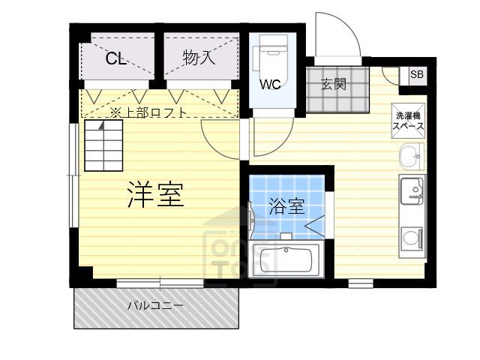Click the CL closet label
(x=116, y=58)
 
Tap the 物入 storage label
(x=199, y=58)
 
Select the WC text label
(x=270, y=84)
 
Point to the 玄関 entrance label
(x=334, y=83)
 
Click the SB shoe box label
(x=417, y=74)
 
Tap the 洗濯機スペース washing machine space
(x=409, y=121)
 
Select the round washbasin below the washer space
(x=411, y=157)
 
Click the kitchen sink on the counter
(x=412, y=191)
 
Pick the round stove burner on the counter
(x=410, y=237)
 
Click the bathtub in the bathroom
(x=286, y=259)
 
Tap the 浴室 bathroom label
(x=286, y=206)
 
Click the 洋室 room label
(x=156, y=195)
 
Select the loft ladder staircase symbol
(x=103, y=145)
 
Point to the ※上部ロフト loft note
(x=148, y=112)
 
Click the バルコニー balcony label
(x=155, y=305)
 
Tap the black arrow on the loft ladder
(x=102, y=125)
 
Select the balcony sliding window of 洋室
(x=160, y=283)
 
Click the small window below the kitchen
(x=361, y=283)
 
